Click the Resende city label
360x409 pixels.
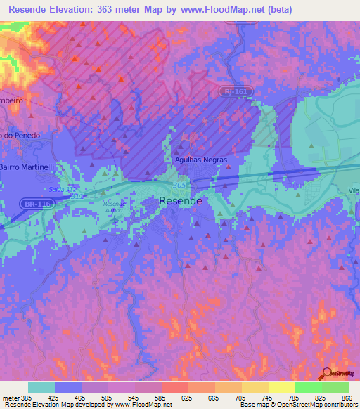tap(181, 201)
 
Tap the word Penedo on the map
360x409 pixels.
tap(25, 135)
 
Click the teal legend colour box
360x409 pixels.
tap(41, 387)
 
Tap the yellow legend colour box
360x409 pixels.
tap(281, 387)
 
